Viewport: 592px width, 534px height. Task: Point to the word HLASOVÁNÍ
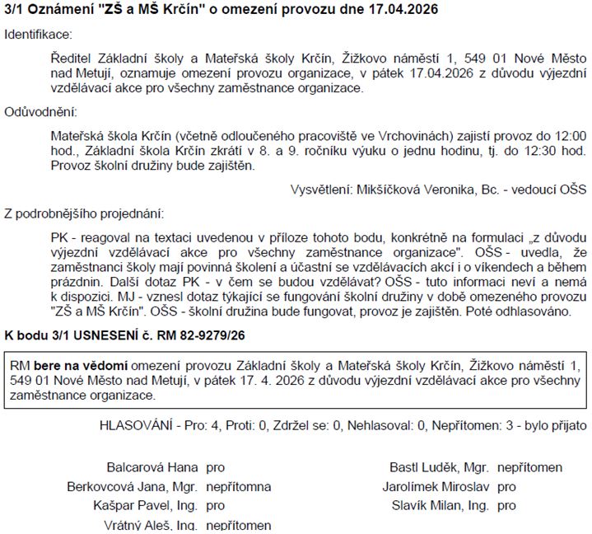pos(135,425)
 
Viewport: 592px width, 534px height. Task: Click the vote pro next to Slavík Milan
pos(507,505)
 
